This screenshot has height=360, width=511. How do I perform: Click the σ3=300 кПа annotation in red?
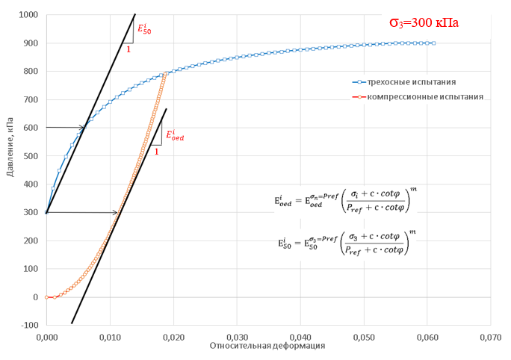pos(424,22)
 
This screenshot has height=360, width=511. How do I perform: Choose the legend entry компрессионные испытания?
pos(418,97)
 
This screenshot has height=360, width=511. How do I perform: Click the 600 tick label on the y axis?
pos(32,128)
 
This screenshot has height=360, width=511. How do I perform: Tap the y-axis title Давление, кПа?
pos(10,169)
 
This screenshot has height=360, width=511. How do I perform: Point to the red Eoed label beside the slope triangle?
pos(175,134)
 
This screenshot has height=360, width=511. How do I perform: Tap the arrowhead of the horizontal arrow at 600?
pos(83,128)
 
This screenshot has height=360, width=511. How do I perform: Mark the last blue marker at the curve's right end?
pos(433,43)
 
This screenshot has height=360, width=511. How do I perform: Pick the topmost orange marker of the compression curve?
pos(164,73)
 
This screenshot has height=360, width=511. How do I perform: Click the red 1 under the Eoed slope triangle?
pos(156,152)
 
